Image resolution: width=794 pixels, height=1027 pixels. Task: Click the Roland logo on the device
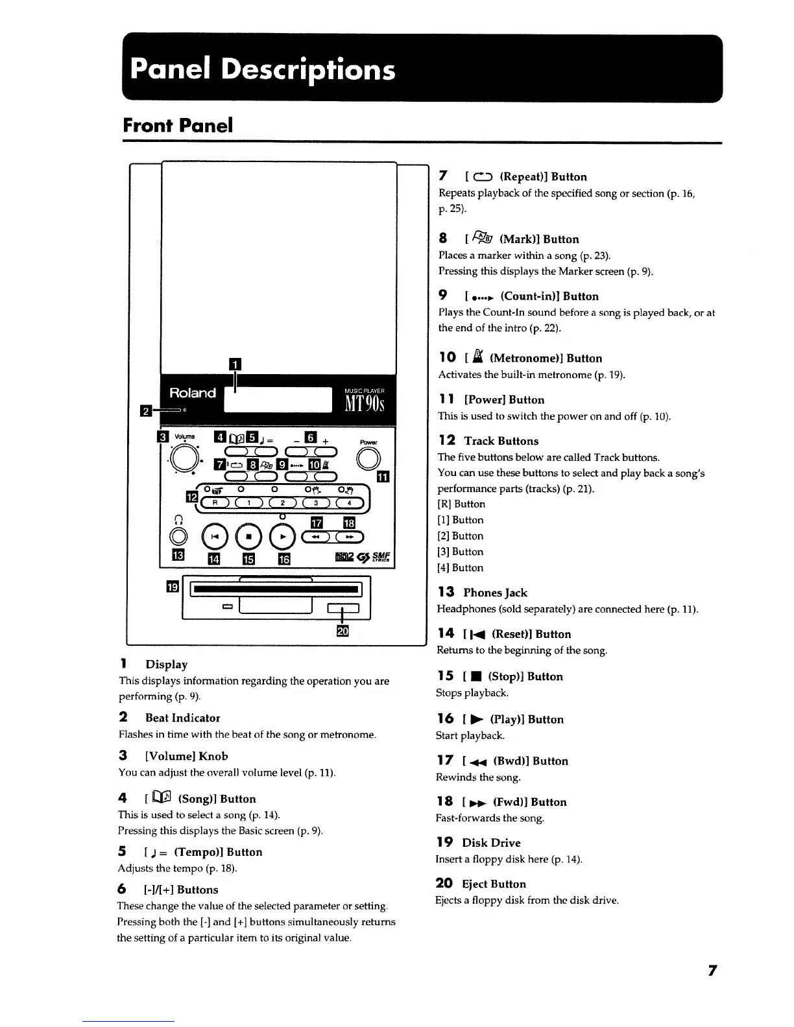tap(193, 393)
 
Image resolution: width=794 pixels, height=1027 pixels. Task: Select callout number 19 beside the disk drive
tap(173, 587)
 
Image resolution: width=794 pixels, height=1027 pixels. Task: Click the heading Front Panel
tap(177, 125)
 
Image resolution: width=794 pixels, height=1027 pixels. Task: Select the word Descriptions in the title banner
tap(307, 69)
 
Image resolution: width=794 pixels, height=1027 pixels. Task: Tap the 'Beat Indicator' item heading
tap(182, 718)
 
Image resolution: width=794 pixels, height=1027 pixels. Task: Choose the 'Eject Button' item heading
tap(494, 884)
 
